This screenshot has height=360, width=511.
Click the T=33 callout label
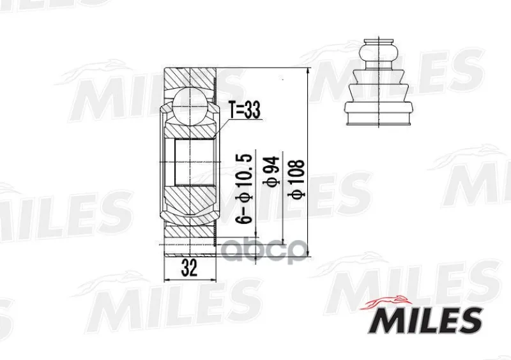tap(245, 110)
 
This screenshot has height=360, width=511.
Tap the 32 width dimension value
tap(189, 269)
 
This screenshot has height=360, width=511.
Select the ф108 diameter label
tap(296, 179)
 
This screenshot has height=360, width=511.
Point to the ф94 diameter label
tap(271, 170)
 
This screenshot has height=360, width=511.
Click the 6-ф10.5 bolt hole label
tap(245, 189)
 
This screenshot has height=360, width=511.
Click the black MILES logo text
tap(425, 320)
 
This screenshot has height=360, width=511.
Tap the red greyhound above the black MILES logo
tap(385, 302)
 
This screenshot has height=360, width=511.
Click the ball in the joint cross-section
tap(189, 106)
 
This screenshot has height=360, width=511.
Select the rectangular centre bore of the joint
tap(195, 162)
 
